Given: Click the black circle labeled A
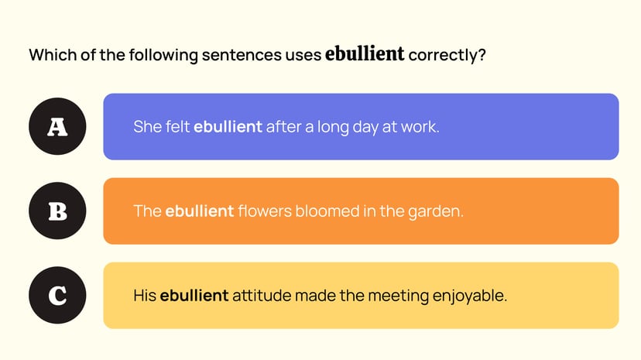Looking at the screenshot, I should tap(57, 127).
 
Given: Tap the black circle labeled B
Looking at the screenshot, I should tap(57, 211).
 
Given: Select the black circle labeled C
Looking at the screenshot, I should tap(57, 295).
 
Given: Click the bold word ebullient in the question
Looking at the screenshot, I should tap(365, 54).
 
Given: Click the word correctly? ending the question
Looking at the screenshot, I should tap(447, 55).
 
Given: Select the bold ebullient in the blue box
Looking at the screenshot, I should tap(228, 127).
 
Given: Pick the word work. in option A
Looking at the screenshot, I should tap(420, 127).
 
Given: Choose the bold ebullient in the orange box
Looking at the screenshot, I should tap(199, 211).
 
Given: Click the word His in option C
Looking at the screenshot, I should tap(145, 295).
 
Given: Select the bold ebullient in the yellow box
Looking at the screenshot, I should tap(194, 295).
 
